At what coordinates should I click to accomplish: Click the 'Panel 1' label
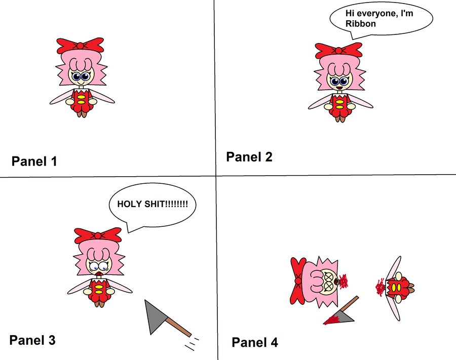[34, 161]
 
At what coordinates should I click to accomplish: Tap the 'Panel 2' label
[249, 157]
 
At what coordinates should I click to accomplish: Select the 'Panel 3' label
[32, 340]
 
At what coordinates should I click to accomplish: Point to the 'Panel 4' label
[255, 342]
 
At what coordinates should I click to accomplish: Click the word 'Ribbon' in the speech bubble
[361, 23]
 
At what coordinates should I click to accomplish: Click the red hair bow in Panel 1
[80, 46]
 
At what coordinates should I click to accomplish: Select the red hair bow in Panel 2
[338, 51]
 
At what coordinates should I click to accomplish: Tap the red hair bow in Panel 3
[98, 235]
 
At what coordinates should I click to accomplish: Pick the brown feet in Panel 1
[82, 113]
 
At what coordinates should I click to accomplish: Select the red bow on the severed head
[298, 281]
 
